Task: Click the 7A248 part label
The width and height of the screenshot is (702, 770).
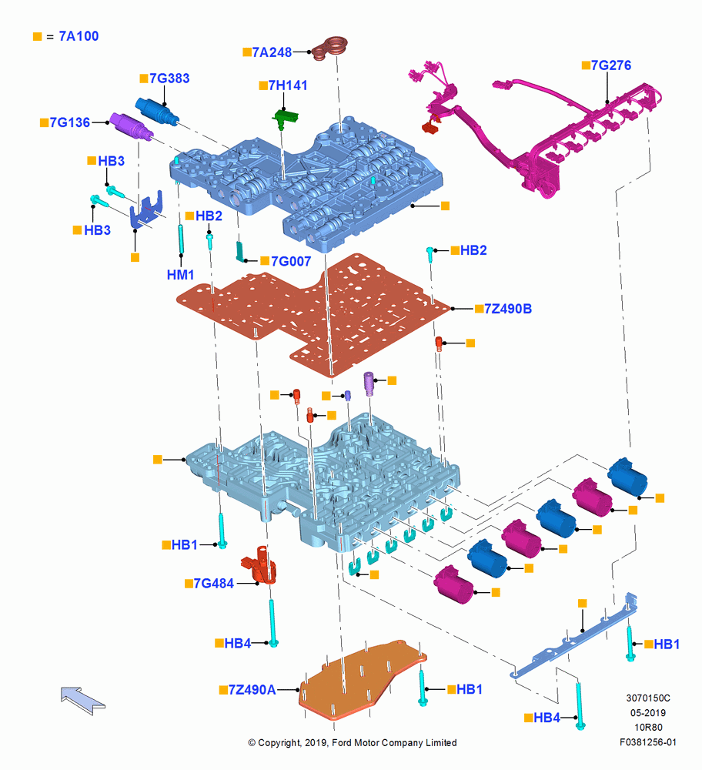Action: click(272, 52)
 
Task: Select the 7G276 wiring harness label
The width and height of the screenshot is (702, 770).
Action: click(611, 65)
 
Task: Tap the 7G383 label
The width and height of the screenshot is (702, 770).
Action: click(169, 79)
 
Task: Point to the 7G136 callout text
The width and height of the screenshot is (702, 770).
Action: click(70, 122)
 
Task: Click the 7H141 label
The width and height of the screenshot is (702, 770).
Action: click(288, 85)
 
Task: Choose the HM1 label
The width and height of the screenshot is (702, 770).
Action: click(181, 275)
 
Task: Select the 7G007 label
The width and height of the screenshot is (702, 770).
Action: click(291, 261)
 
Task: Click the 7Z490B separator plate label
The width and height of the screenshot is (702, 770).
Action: click(508, 309)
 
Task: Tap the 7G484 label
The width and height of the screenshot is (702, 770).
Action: click(213, 584)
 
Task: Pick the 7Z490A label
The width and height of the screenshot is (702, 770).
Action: click(252, 690)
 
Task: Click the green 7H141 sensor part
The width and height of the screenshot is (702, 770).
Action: click(286, 119)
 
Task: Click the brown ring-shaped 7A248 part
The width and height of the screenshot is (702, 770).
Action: click(330, 49)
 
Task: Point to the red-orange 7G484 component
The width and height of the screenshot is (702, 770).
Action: click(259, 564)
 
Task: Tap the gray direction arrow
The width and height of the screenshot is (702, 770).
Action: click(82, 700)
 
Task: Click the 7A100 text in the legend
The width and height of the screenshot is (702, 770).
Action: click(79, 36)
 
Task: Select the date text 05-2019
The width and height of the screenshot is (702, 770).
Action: click(648, 712)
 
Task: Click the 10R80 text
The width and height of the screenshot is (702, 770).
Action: click(648, 728)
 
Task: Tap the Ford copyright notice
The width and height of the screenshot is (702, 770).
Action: click(353, 742)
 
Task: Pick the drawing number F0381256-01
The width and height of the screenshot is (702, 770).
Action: click(648, 742)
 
